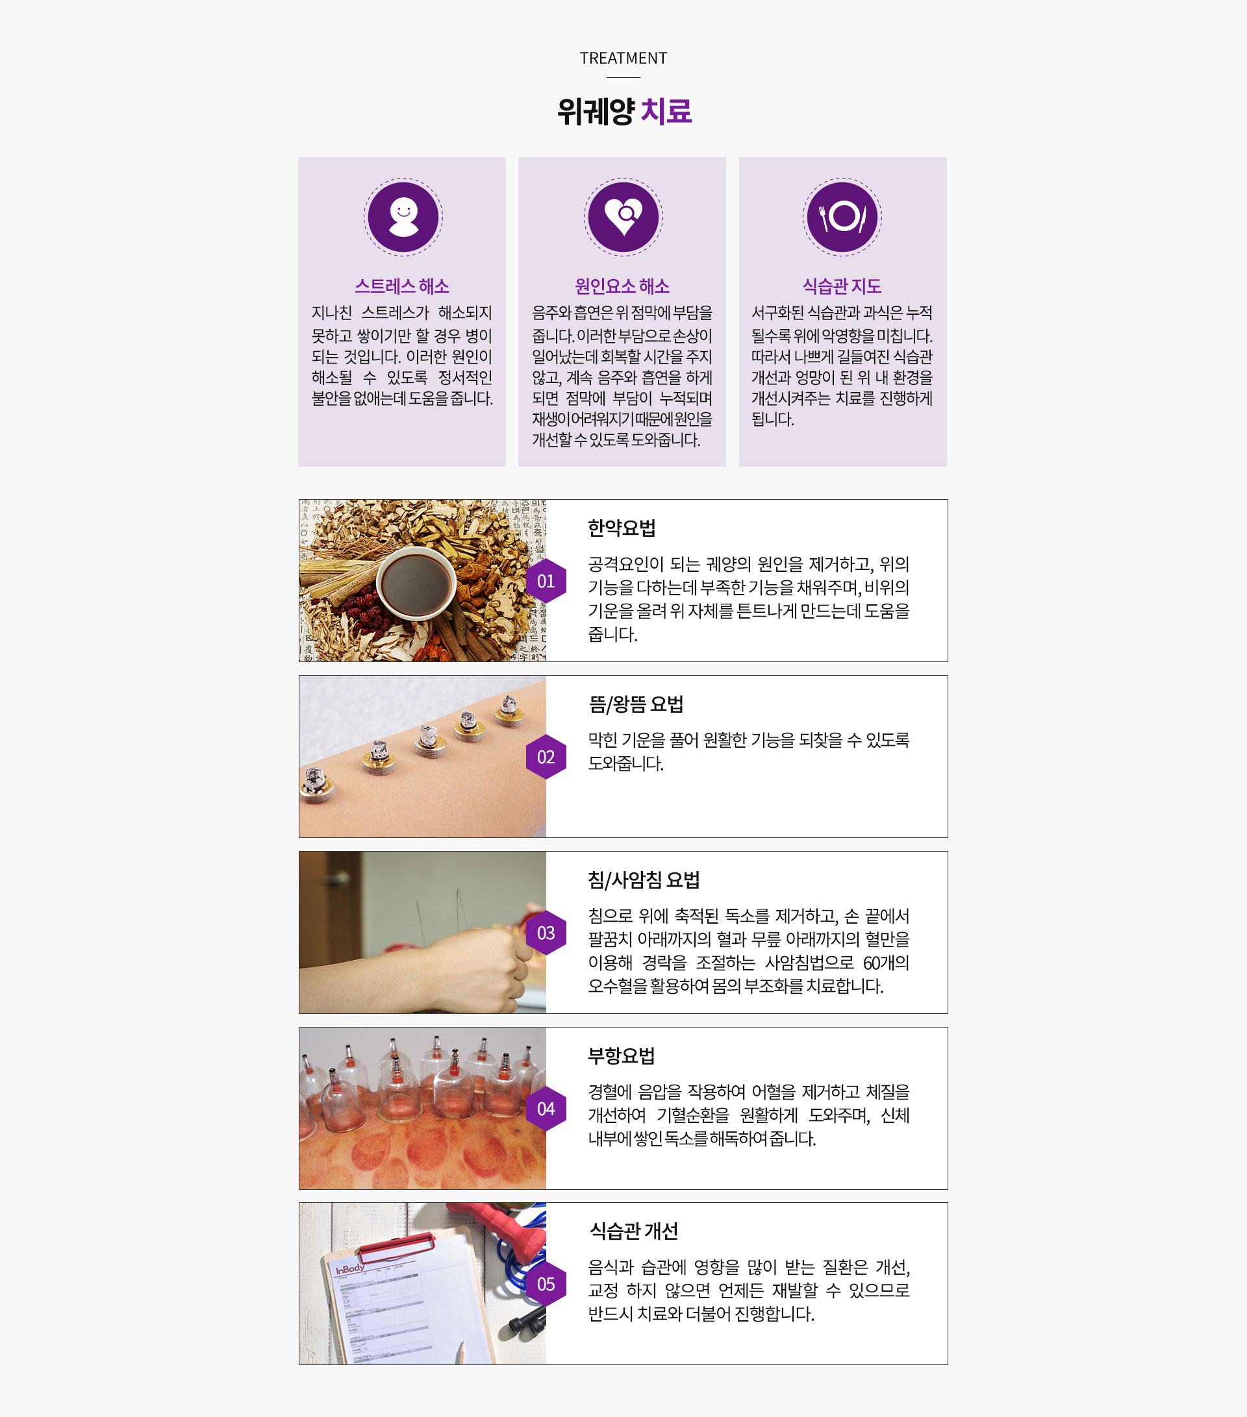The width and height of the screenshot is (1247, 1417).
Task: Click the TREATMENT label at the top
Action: click(623, 58)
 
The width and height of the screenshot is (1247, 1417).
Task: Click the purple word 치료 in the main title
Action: click(666, 111)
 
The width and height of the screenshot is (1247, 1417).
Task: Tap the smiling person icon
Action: click(403, 217)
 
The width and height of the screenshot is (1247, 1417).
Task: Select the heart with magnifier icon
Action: click(623, 217)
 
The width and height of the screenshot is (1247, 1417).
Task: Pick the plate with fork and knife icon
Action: click(842, 217)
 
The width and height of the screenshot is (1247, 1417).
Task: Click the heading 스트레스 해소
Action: click(402, 286)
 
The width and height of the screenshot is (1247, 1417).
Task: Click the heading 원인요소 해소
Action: click(622, 286)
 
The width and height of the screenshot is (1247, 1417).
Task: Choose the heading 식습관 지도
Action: click(842, 286)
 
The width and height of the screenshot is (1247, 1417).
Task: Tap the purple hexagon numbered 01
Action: click(546, 581)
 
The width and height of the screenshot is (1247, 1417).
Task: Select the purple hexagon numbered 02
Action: click(546, 757)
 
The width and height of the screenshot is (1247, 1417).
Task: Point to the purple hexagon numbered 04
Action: click(546, 1109)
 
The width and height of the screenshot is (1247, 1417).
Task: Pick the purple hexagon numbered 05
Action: click(546, 1285)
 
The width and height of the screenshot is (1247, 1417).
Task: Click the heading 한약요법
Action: click(622, 528)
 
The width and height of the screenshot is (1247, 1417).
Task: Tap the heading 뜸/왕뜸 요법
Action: click(636, 704)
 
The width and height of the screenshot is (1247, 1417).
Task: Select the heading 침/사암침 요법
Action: click(644, 880)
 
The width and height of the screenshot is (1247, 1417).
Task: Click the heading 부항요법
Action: click(622, 1056)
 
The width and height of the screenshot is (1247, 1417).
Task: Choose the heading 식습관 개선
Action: click(633, 1231)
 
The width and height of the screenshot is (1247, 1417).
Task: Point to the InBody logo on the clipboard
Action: click(350, 1268)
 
